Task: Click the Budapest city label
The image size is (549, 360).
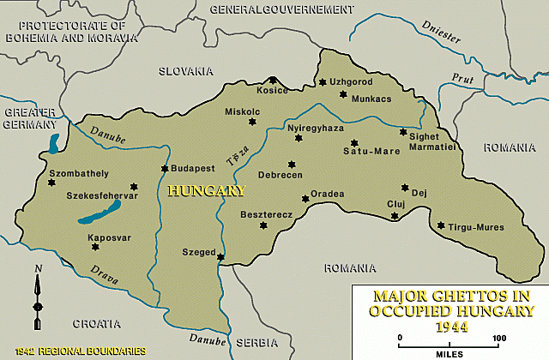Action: [192, 169]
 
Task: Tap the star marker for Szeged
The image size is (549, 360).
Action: [220, 256]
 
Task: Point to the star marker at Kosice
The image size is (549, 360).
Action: [274, 80]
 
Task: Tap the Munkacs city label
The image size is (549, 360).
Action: [371, 99]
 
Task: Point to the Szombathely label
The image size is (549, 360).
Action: [54, 173]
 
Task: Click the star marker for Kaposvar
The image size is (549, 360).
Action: [94, 247]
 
